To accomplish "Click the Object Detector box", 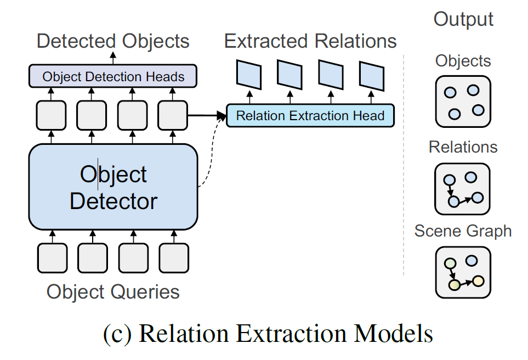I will click(x=113, y=187).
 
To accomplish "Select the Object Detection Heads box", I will click(x=113, y=76).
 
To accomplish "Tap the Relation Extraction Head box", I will click(x=310, y=116).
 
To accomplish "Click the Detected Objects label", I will click(x=113, y=41).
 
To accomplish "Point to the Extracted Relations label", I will click(x=310, y=41).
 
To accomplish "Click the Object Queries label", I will click(x=113, y=291).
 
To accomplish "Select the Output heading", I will click(x=463, y=19).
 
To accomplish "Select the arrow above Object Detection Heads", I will click(x=113, y=58).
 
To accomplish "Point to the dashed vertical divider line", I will click(x=404, y=165).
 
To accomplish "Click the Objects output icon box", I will click(x=463, y=102).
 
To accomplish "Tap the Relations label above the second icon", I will click(x=463, y=147).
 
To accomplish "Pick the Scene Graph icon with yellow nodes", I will click(x=463, y=272).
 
